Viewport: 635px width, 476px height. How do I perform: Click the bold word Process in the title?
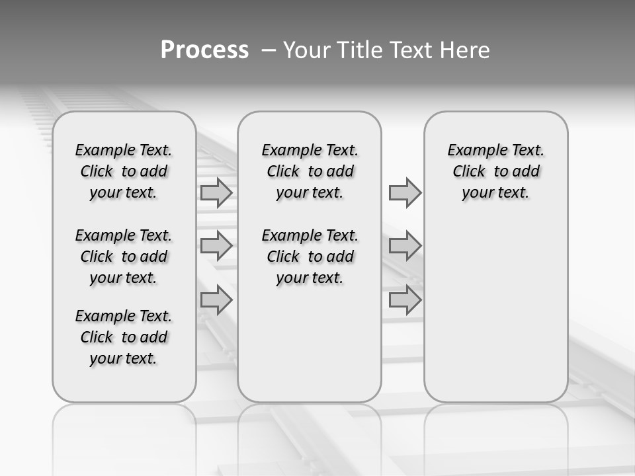(204, 50)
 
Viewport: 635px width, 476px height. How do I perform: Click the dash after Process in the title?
(268, 51)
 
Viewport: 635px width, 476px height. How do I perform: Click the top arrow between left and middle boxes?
(216, 192)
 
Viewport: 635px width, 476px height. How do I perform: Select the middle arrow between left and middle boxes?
(216, 246)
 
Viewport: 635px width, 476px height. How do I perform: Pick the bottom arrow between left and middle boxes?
(216, 299)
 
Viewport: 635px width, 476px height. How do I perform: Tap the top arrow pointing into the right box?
(404, 192)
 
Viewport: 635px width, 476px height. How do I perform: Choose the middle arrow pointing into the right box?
(404, 246)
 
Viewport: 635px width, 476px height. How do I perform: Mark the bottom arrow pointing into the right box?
(404, 299)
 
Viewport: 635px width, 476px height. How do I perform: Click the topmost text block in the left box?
(124, 171)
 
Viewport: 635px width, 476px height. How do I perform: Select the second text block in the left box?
(124, 257)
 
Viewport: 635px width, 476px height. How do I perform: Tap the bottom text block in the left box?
(124, 337)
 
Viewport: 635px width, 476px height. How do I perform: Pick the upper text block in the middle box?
(310, 171)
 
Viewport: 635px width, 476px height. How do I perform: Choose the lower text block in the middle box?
(310, 257)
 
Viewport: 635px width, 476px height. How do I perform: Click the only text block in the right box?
(495, 171)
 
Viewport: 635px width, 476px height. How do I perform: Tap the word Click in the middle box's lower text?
(283, 257)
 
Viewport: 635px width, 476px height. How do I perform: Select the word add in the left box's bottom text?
(153, 337)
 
